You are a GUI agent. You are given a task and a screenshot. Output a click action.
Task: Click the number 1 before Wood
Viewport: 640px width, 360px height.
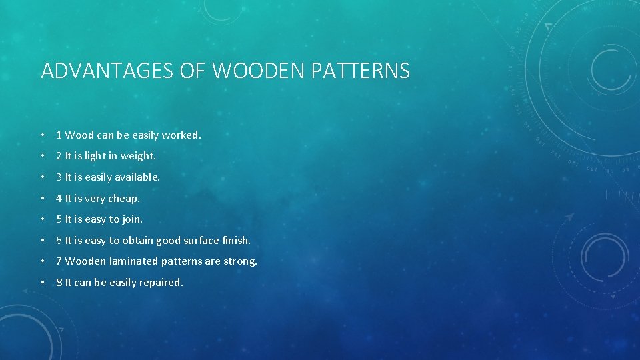tap(59, 135)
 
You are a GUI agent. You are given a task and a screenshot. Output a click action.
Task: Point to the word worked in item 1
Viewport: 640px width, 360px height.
tap(181, 135)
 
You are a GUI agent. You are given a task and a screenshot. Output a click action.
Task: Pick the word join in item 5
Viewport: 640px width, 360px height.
tap(132, 219)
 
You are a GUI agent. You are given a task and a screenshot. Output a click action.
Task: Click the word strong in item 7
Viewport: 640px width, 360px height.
tap(241, 261)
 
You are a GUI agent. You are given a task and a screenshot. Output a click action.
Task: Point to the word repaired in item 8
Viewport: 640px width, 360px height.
tap(161, 283)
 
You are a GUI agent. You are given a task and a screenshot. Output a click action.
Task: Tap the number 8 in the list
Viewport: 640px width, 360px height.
tap(59, 283)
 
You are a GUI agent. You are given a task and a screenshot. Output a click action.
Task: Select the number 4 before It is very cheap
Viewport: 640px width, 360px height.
tap(59, 198)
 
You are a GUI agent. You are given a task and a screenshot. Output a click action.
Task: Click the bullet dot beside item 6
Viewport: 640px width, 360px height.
tap(43, 241)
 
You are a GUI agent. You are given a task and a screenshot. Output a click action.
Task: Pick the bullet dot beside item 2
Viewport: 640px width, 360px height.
tap(43, 157)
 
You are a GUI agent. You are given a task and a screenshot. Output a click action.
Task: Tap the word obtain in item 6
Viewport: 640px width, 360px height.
tap(137, 240)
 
